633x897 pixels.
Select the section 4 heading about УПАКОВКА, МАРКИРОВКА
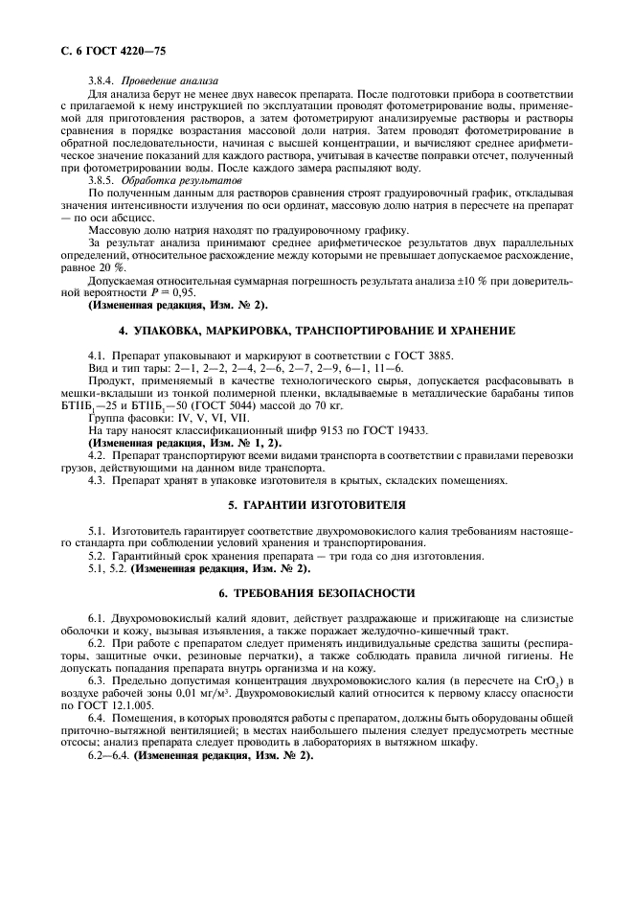(x=316, y=330)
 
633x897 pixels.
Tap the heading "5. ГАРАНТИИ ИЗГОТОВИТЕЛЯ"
(x=316, y=503)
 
